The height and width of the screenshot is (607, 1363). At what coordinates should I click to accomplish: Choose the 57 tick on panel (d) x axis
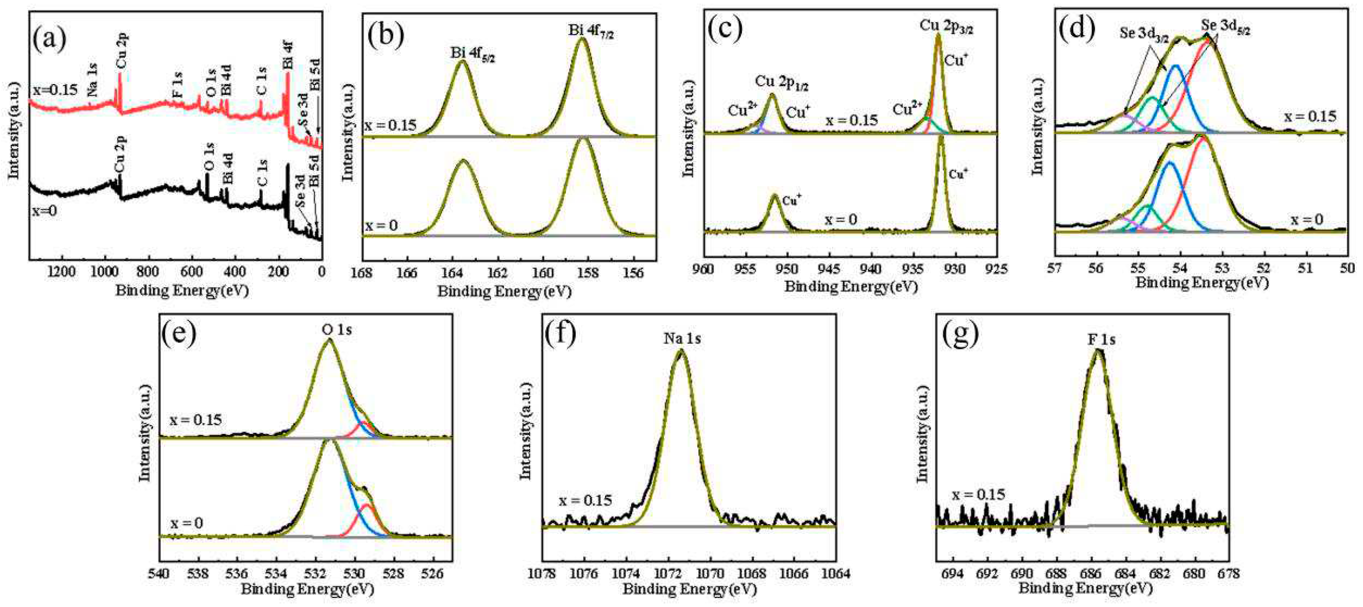(x=1055, y=268)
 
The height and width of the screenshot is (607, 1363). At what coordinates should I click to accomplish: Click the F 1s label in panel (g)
(x=1101, y=339)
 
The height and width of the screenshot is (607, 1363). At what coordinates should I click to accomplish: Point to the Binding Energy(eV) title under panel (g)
(x=1085, y=588)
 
